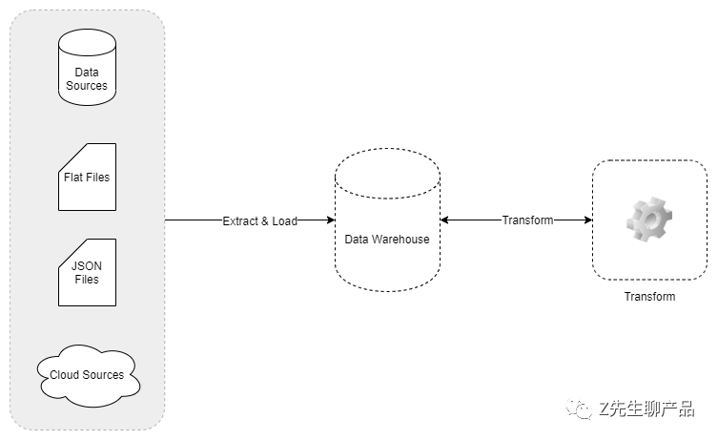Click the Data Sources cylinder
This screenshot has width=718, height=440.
click(x=87, y=68)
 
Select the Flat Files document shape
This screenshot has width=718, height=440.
click(x=87, y=177)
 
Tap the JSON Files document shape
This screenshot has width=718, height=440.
click(x=87, y=272)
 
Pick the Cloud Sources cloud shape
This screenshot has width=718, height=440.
click(x=89, y=375)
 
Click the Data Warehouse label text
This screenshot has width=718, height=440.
click(x=387, y=240)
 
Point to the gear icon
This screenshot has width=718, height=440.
click(x=649, y=220)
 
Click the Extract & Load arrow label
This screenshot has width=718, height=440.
click(x=260, y=220)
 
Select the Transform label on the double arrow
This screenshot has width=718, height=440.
click(x=527, y=220)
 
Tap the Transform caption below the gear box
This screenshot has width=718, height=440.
click(x=649, y=297)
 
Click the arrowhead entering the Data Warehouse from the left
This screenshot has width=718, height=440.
click(x=331, y=220)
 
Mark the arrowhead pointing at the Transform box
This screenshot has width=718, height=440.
click(x=588, y=220)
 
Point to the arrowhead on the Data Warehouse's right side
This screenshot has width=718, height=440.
click(x=444, y=220)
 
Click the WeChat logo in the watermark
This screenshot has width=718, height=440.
click(x=579, y=409)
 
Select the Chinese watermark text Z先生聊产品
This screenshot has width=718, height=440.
click(x=647, y=409)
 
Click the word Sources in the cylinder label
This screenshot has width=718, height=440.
click(x=87, y=86)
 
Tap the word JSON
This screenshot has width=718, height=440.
click(x=87, y=266)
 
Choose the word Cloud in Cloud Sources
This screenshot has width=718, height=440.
click(x=65, y=375)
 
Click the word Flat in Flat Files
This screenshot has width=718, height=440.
click(x=73, y=178)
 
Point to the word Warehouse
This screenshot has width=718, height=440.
click(x=400, y=240)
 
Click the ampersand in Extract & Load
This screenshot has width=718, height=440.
click(x=265, y=221)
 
